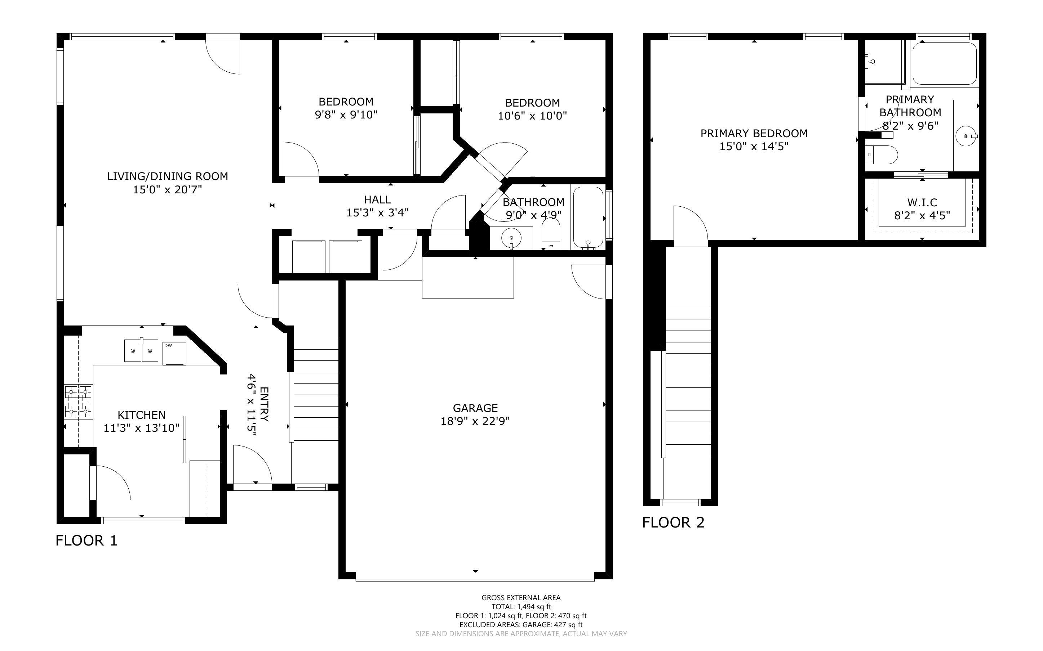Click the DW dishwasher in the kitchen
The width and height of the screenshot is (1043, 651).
174,354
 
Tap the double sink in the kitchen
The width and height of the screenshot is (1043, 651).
141,350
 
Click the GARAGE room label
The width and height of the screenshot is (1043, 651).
475,408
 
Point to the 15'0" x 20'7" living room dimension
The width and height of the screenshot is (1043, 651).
167,189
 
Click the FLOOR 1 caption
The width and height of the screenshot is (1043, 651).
86,540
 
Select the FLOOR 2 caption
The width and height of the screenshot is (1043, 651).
673,522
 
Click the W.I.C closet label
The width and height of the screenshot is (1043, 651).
922,202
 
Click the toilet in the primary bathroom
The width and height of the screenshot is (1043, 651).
882,154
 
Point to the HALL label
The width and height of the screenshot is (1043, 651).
377,199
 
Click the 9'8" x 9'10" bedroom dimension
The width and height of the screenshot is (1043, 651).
346,115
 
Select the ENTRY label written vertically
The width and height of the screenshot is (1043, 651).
264,404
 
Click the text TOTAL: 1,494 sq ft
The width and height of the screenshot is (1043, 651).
521,607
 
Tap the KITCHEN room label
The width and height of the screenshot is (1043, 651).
141,415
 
